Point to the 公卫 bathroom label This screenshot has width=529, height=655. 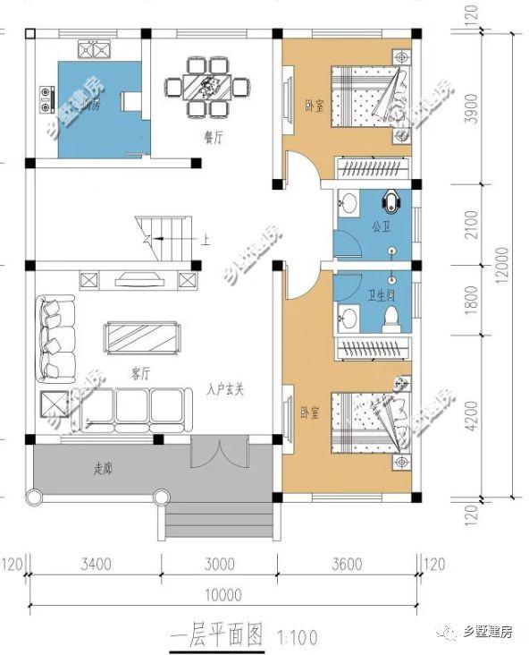tap(381, 226)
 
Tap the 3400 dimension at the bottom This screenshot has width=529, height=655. tap(95, 564)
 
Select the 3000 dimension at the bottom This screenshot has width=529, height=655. tap(219, 564)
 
